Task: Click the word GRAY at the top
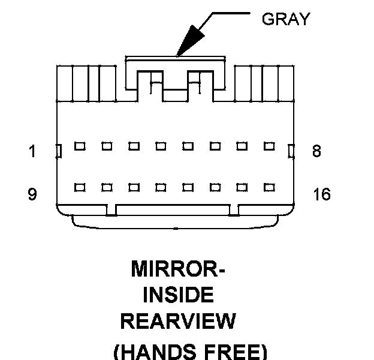pos(286,19)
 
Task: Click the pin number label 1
pos(33,151)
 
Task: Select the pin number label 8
pos(316,151)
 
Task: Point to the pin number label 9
pos(33,194)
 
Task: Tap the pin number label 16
pos(322,194)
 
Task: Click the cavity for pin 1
pos(79,146)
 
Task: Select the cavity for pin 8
pos(269,146)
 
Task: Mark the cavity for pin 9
pos(79,187)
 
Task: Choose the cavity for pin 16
pos(269,187)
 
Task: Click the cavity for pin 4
pos(161,146)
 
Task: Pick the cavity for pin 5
pos(188,146)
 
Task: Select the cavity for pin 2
pos(106,146)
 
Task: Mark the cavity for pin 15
pos(242,187)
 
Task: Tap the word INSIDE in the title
pos(178,295)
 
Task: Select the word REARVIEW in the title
pos(178,322)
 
